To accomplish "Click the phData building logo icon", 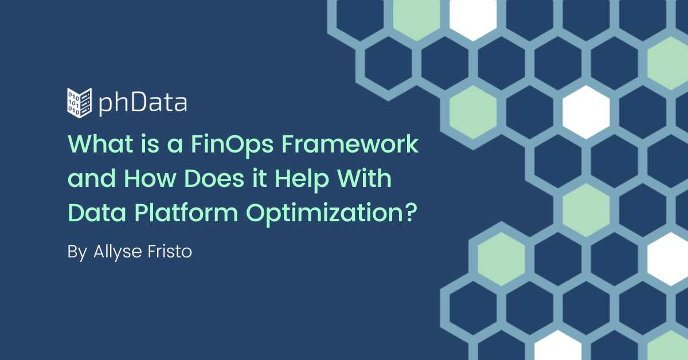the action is (79, 103).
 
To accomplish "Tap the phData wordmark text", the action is (143, 104).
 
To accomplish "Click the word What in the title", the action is (100, 144).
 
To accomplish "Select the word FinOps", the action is (232, 144).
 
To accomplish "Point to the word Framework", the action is (350, 144).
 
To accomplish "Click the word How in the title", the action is (150, 178).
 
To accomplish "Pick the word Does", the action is (214, 178).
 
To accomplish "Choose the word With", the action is (364, 178).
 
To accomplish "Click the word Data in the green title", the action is (97, 212).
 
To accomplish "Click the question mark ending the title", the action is (411, 212).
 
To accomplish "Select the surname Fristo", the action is (170, 252).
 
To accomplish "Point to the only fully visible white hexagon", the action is (586, 112).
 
